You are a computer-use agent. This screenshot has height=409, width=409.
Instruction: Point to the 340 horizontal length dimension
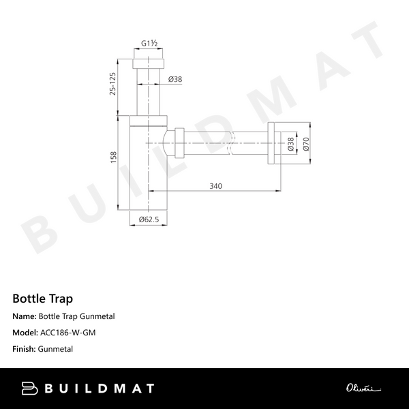click(216, 185)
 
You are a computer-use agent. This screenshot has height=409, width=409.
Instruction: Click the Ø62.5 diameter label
click(149, 219)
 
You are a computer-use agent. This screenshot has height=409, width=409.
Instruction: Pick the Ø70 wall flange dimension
click(305, 143)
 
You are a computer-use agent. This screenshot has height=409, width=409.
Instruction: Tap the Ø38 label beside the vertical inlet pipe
click(175, 79)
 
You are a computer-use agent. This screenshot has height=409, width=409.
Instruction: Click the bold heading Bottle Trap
click(42, 299)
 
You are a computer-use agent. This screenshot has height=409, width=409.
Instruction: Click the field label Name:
click(24, 316)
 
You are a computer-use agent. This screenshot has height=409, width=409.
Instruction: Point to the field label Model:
click(25, 333)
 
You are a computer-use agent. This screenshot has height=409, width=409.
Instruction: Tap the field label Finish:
click(25, 349)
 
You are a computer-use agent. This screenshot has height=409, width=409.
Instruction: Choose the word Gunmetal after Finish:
click(57, 349)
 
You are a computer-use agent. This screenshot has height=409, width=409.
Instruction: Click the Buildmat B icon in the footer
click(30, 389)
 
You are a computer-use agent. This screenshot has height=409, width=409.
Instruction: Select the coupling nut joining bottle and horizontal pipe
click(179, 142)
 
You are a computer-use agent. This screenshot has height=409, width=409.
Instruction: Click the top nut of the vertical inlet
click(149, 63)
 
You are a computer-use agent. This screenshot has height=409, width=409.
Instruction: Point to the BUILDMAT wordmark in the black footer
click(100, 389)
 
